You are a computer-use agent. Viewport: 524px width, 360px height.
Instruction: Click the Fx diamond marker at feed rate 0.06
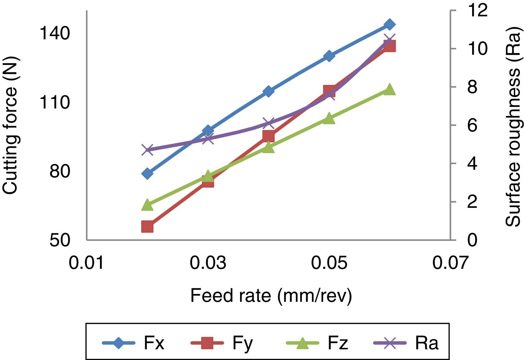[390, 24]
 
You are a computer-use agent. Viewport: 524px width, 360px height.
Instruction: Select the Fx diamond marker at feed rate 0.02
[147, 173]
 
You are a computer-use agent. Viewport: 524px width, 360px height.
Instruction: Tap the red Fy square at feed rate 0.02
[147, 226]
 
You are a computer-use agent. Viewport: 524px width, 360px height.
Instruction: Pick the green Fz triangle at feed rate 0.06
[390, 89]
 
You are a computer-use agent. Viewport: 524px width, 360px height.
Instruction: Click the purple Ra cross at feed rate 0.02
[147, 150]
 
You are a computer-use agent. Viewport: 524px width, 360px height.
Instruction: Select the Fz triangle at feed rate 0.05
[329, 118]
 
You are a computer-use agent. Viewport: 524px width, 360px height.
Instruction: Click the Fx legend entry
[134, 343]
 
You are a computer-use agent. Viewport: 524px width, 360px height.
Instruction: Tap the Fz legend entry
[317, 343]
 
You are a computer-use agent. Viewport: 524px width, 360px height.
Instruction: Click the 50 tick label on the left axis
[59, 241]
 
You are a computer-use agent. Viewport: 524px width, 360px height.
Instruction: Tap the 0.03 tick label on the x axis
[208, 263]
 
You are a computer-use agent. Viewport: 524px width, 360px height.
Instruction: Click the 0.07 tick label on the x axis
[450, 263]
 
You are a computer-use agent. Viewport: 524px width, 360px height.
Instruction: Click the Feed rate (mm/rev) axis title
[271, 296]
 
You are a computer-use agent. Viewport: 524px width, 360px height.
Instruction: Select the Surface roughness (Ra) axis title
[513, 126]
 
